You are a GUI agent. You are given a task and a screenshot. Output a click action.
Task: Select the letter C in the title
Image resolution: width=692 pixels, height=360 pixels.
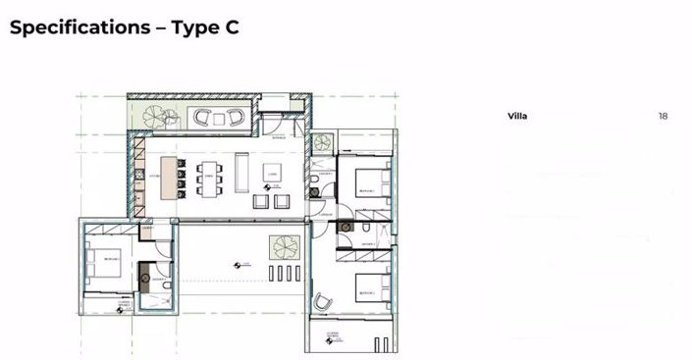[231, 27]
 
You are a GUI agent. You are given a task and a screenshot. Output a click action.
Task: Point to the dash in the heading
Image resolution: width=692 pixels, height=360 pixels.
[157, 27]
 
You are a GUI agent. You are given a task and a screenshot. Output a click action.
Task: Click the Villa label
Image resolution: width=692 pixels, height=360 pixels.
[517, 117]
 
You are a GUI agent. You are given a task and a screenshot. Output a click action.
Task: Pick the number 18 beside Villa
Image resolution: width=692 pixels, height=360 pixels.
[664, 117]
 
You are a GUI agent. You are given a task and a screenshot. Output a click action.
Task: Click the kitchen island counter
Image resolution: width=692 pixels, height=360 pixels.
[169, 178]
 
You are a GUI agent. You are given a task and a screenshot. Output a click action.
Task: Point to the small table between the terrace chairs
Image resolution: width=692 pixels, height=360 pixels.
[218, 118]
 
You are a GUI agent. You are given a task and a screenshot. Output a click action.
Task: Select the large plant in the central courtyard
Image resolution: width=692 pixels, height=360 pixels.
[285, 246]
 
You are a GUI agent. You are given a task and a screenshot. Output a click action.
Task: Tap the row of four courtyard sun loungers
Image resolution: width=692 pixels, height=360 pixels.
[287, 272]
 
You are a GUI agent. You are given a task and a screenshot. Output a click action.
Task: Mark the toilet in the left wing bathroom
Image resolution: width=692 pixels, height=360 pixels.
[166, 284]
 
